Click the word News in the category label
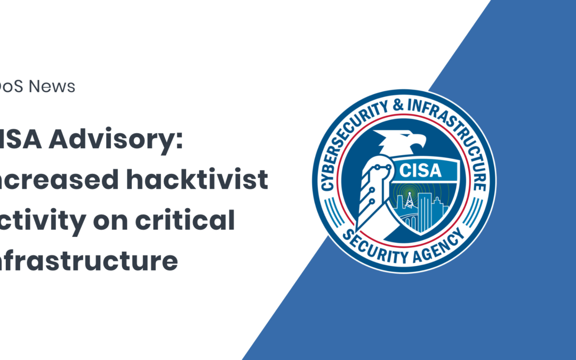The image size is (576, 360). [x=52, y=86]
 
